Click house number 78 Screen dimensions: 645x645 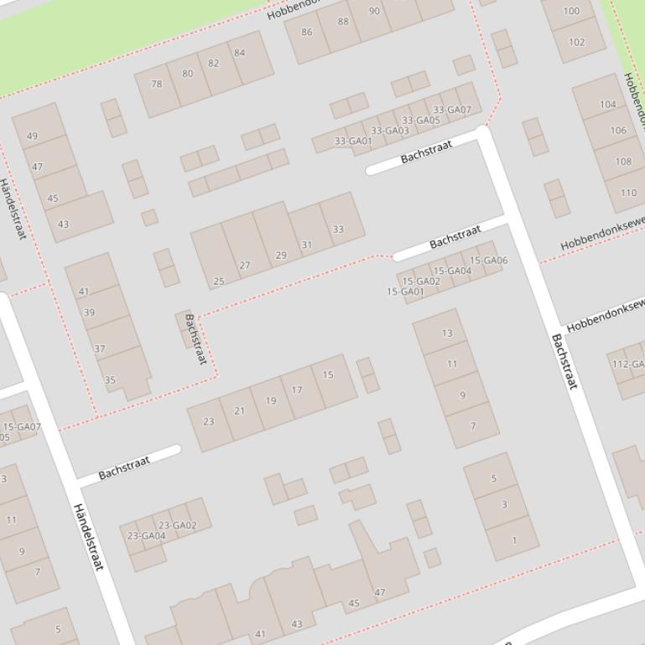(157, 84)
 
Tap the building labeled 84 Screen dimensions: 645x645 (240, 53)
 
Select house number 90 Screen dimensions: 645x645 (374, 11)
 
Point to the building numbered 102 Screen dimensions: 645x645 (576, 42)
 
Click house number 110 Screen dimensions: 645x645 (628, 193)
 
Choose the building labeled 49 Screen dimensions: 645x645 (33, 136)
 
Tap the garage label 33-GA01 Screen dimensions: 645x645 (353, 141)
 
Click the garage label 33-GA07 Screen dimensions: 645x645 (452, 110)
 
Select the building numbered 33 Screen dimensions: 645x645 (338, 229)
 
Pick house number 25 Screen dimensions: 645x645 (219, 281)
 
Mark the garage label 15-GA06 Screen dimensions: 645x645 (489, 261)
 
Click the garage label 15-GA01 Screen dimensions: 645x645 (405, 292)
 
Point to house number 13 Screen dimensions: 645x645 (447, 333)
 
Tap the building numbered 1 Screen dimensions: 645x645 (515, 540)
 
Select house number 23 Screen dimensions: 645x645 (208, 421)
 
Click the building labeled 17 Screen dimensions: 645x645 (297, 390)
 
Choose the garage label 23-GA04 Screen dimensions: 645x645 (146, 535)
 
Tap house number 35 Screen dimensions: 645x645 (110, 380)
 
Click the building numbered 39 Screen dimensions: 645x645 (90, 312)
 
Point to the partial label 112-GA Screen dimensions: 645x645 (627, 364)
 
